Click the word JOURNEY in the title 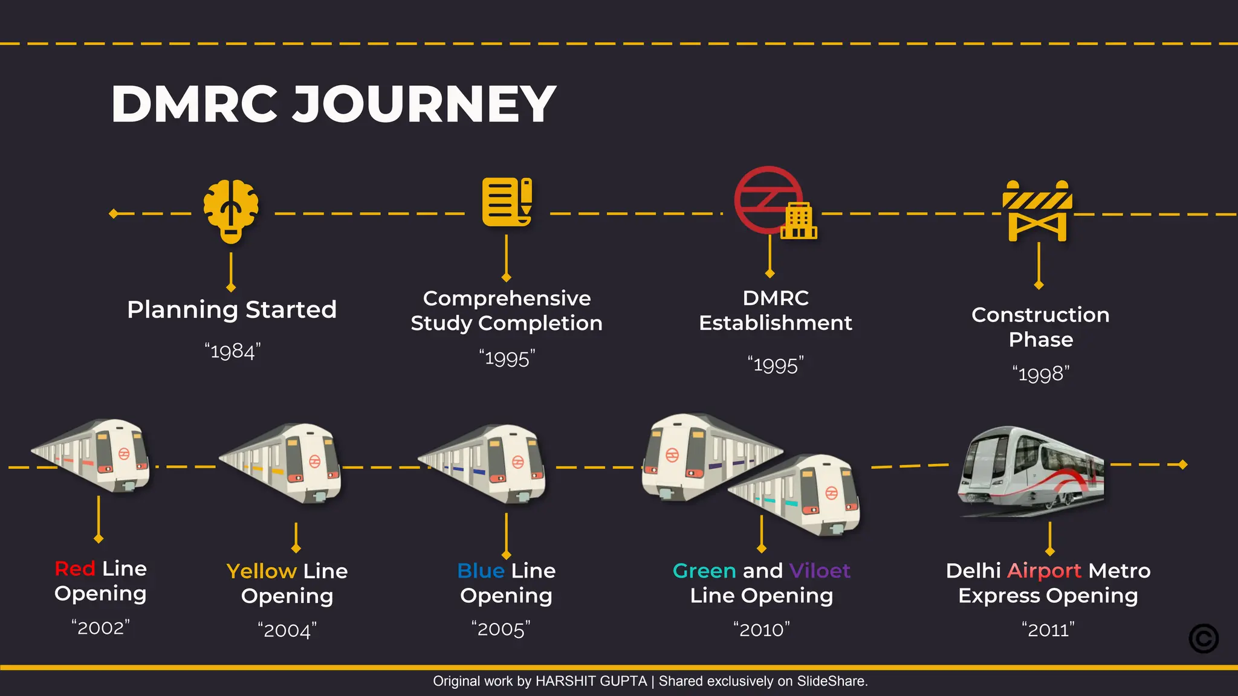point(424,105)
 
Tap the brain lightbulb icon point(231,211)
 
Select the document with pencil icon point(507,202)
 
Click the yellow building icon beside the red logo point(799,222)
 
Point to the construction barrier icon point(1037,211)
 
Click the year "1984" point(233,351)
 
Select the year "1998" point(1041,374)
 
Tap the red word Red point(75,569)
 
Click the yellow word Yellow point(261,571)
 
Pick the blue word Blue point(481,570)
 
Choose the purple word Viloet point(820,570)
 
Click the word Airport point(1044,570)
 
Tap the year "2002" point(100,628)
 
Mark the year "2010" point(762,630)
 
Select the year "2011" point(1048,630)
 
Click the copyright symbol point(1204,639)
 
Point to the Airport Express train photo point(1031,471)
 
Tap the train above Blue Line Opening point(484,463)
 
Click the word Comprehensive point(507,298)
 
